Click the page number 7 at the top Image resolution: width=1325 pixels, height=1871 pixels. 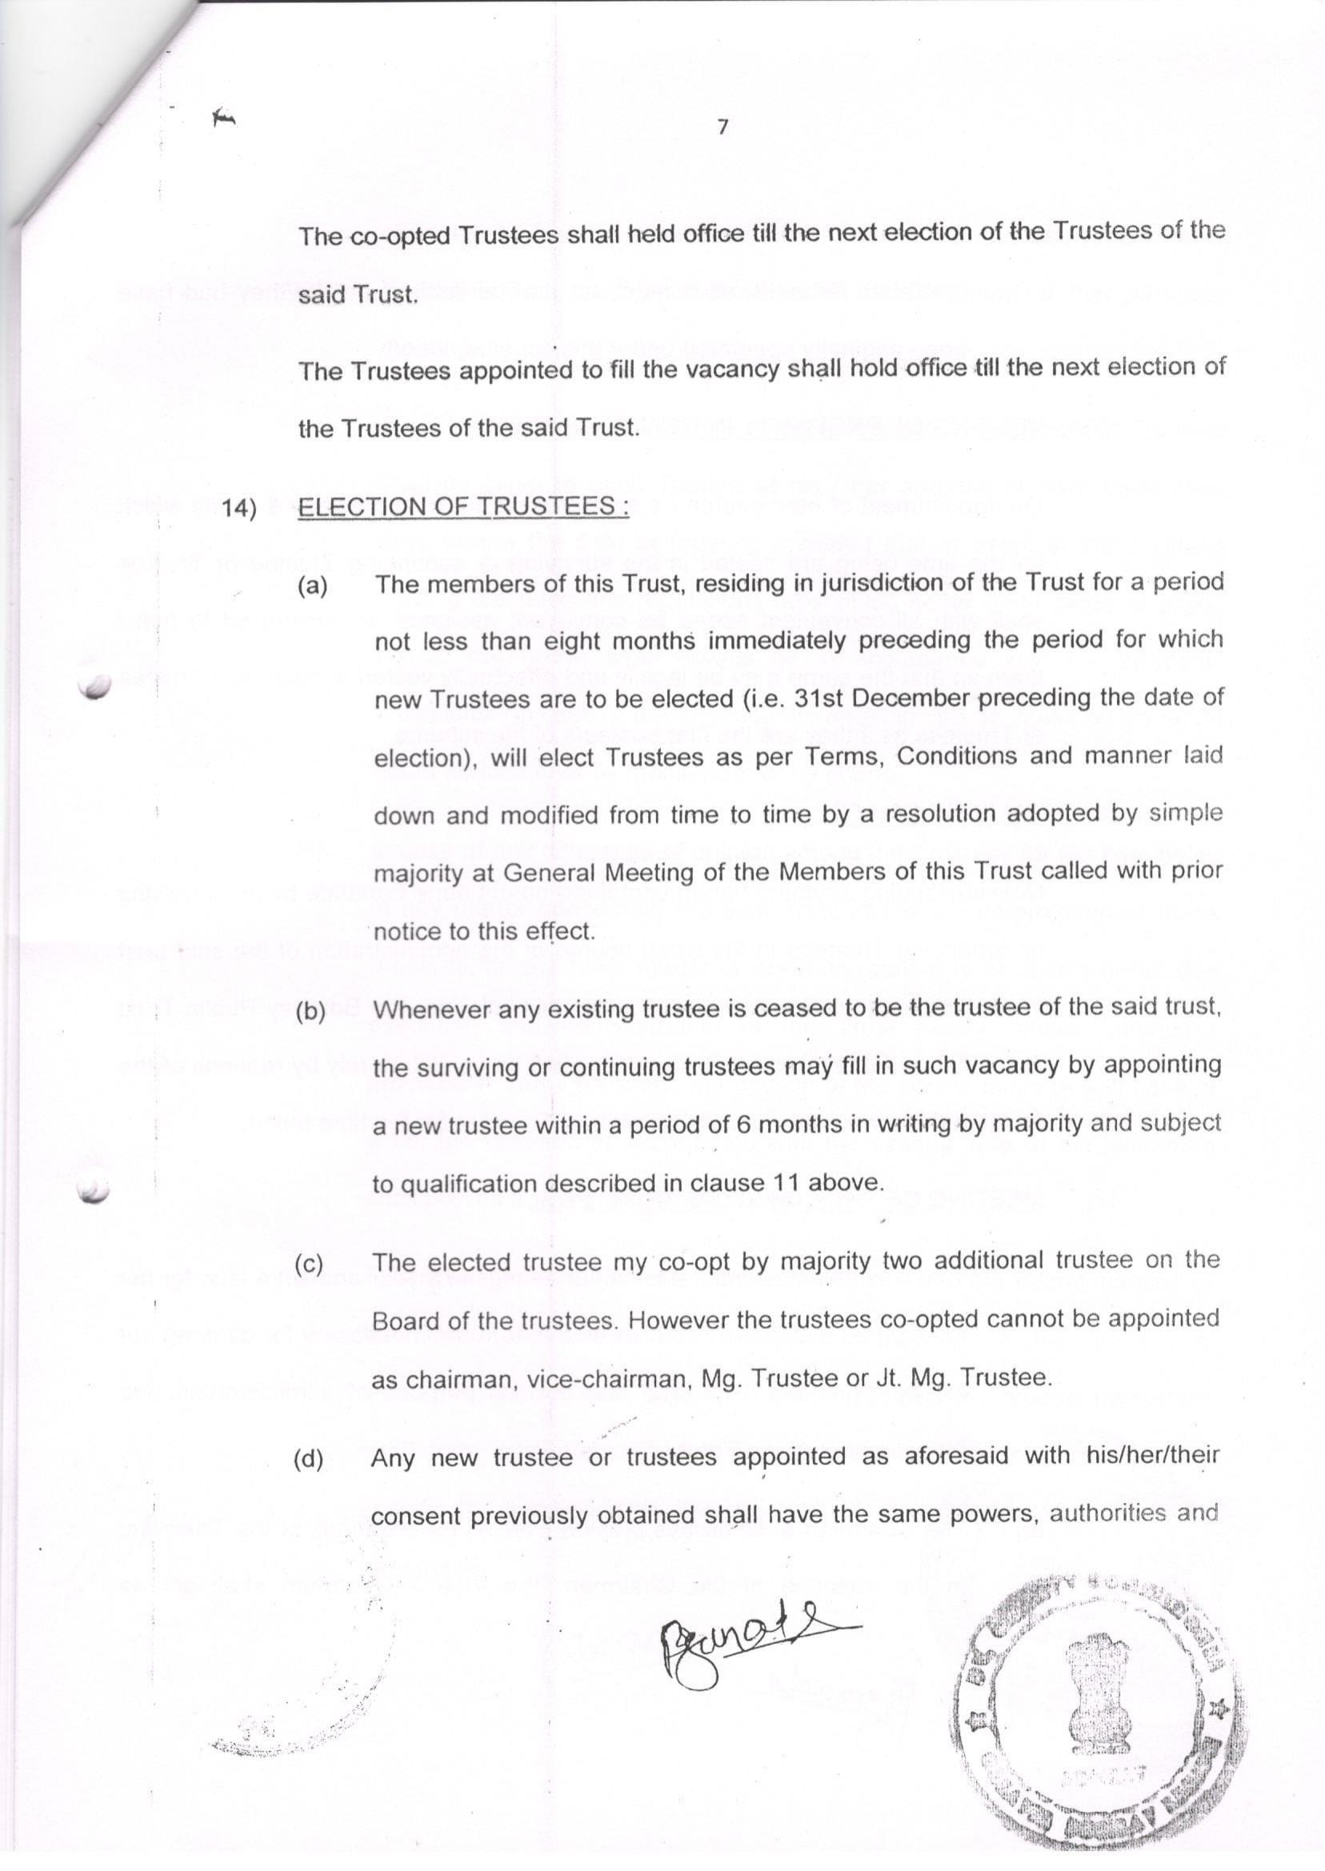tap(722, 127)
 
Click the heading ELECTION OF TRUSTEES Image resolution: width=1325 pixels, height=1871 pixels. tap(462, 506)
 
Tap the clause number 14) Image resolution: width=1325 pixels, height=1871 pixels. tap(239, 508)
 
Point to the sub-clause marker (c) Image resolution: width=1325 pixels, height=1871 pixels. tap(309, 1264)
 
